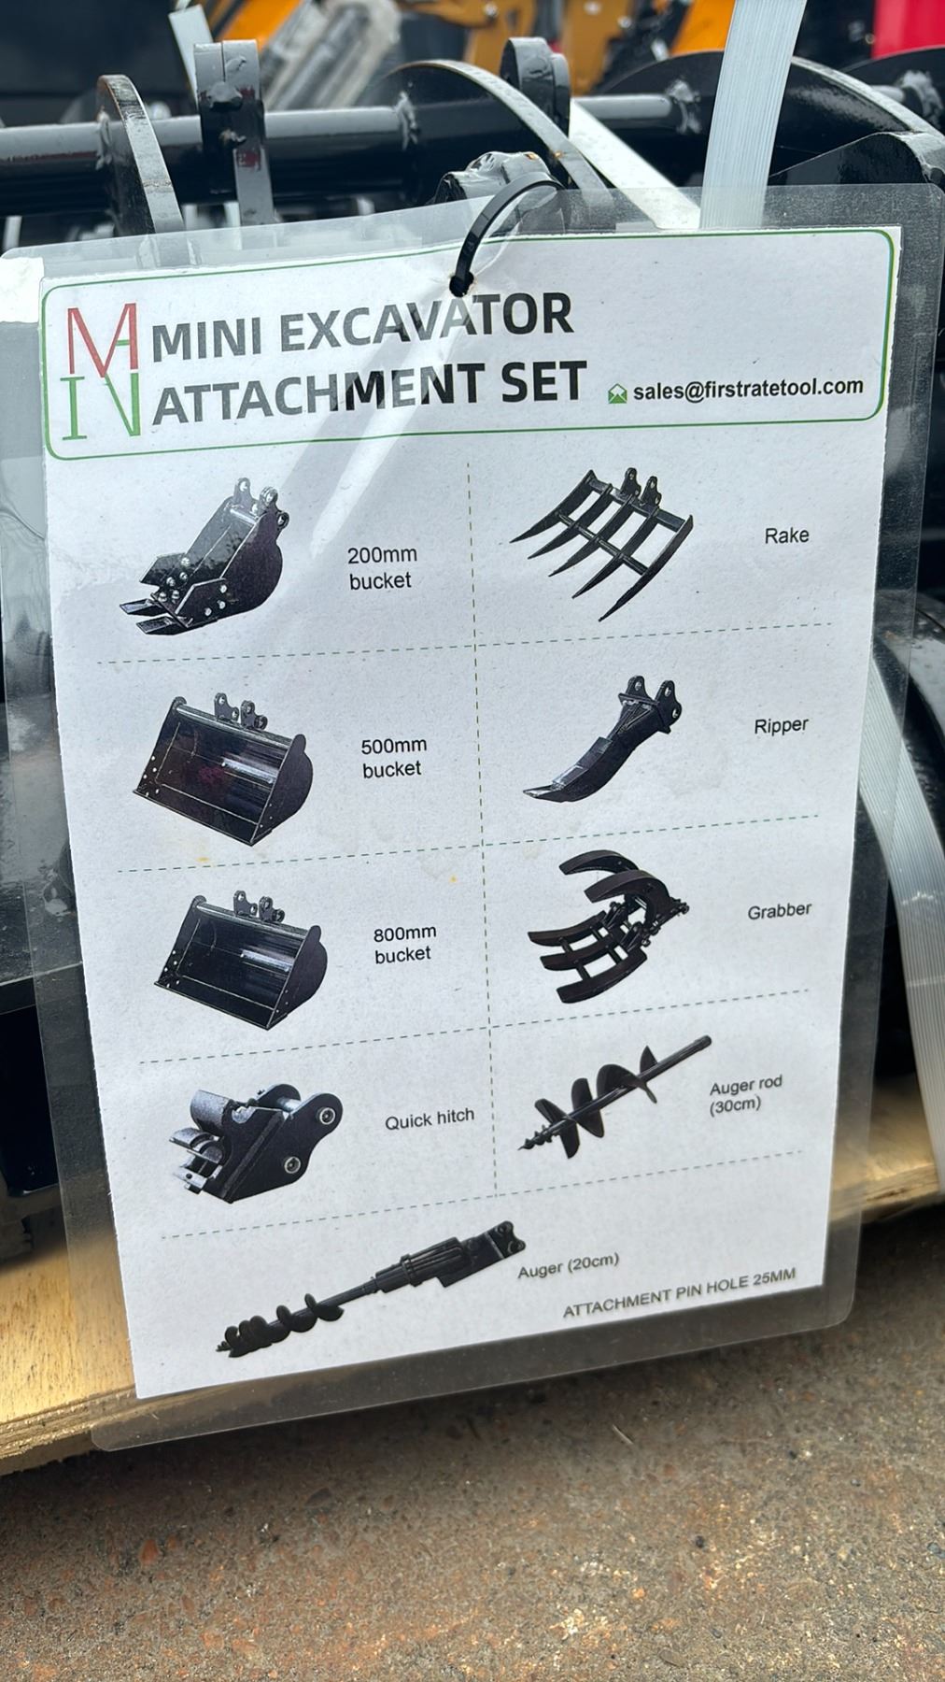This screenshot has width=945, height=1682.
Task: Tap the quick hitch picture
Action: (x=254, y=1143)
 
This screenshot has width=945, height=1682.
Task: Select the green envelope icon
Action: (x=617, y=393)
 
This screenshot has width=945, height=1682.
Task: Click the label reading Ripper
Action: (x=781, y=725)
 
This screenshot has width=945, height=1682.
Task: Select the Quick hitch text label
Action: (x=430, y=1118)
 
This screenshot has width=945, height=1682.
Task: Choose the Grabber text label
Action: (x=779, y=909)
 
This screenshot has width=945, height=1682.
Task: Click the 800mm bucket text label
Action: (x=403, y=943)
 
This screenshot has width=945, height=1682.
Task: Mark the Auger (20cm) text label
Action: (x=569, y=1265)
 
